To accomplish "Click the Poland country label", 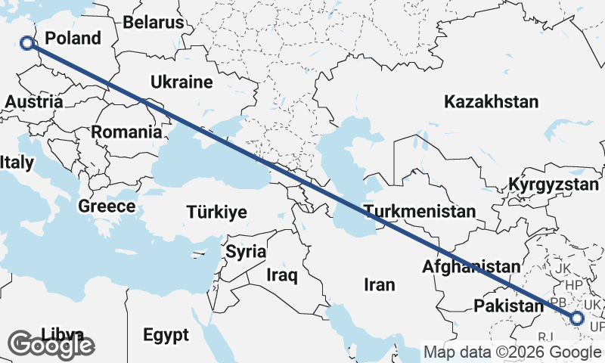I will click(x=73, y=39).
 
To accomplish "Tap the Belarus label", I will click(x=154, y=22).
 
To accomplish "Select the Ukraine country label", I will click(x=181, y=82).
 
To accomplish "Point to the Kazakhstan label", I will click(x=492, y=101).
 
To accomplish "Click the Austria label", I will click(x=33, y=101).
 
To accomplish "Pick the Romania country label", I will click(x=126, y=132).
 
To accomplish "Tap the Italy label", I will click(x=17, y=162).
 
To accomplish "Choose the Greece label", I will click(x=107, y=206).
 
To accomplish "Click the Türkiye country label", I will click(x=217, y=213).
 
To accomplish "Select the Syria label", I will click(x=246, y=251).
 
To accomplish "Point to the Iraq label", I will click(x=281, y=276).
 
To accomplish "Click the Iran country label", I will click(x=380, y=284).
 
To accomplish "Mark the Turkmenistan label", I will click(x=419, y=211).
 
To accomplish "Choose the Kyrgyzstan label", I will click(x=554, y=185).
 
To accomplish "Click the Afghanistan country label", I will click(x=472, y=266).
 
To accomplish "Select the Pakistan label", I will click(x=508, y=306).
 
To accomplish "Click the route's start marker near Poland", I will click(x=27, y=43).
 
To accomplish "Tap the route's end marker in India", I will click(x=577, y=318).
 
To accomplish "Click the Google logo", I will click(x=51, y=345).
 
